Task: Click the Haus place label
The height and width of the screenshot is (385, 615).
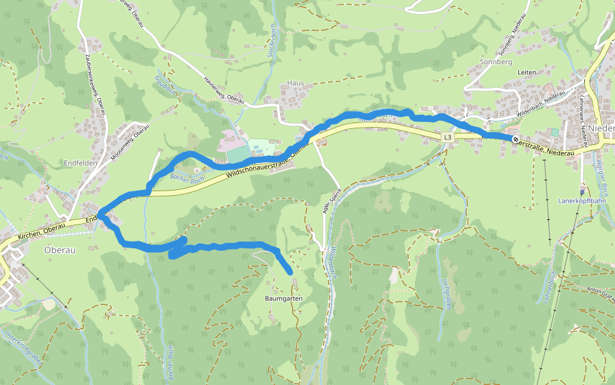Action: (x=295, y=83)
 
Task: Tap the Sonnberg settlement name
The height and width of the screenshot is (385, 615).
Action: (x=495, y=62)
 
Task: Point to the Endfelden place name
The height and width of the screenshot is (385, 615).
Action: (x=80, y=163)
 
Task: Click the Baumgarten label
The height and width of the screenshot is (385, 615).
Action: (x=283, y=299)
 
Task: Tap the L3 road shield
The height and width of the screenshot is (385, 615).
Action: (x=447, y=137)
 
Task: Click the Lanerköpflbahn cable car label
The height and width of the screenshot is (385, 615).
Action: (x=581, y=200)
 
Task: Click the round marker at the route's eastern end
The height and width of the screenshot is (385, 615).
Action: (x=516, y=139)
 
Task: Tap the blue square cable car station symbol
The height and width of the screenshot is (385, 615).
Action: (x=582, y=191)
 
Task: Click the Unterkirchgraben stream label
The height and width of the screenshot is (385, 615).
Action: (x=23, y=346)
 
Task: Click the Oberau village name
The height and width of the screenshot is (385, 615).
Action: (x=60, y=250)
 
